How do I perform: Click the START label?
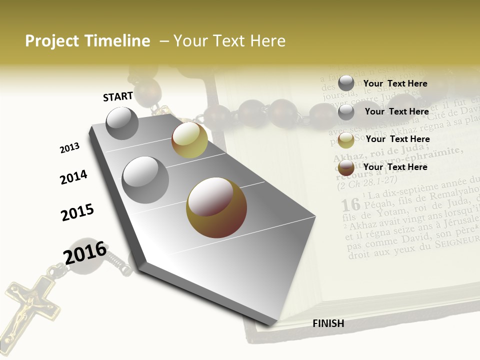point(118,96)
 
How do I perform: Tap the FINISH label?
point(328,323)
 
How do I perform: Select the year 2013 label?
point(69,148)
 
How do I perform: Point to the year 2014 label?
point(73,177)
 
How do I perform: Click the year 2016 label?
point(85,252)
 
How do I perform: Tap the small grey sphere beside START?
point(122,123)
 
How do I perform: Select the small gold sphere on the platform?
point(189,140)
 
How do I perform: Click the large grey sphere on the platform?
point(145,179)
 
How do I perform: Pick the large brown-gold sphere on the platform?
point(216,207)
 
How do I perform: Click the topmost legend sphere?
point(346,83)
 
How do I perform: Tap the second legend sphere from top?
point(346,112)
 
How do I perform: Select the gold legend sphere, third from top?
point(346,140)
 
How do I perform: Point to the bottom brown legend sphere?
point(346,168)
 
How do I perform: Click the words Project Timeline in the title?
point(87,41)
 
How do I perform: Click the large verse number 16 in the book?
point(350,204)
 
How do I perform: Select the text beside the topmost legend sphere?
point(395,83)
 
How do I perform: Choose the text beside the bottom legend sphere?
point(395,167)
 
